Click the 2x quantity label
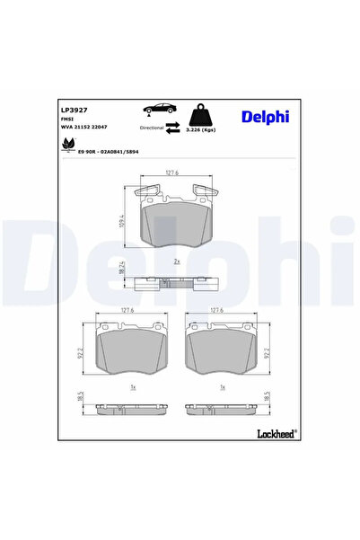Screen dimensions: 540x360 click(x=177, y=261)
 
